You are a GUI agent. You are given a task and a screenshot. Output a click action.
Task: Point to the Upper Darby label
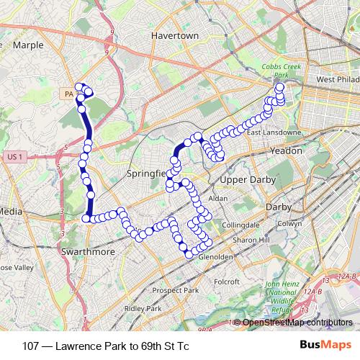click(243, 179)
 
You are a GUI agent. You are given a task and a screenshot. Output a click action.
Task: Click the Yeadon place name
click(286, 150)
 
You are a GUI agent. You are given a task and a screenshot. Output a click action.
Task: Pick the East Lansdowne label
click(267, 133)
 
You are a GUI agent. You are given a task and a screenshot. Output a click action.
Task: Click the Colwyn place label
click(291, 223)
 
